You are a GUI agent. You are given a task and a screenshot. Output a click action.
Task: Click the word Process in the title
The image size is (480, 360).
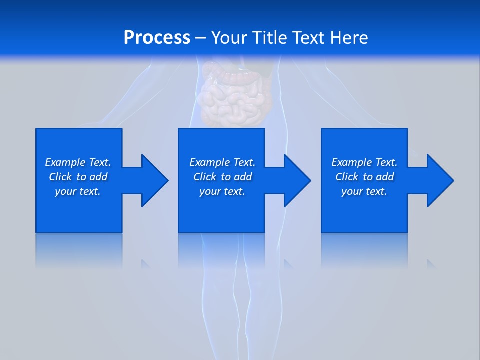[x=157, y=38]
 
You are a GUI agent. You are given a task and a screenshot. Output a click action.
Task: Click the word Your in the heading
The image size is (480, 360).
[x=229, y=38]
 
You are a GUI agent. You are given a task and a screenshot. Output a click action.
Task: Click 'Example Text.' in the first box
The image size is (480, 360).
[x=78, y=162]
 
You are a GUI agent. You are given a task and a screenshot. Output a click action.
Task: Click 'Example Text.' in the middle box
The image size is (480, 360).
[x=222, y=162]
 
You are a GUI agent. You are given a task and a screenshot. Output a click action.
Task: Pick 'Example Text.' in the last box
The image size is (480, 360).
[x=364, y=162]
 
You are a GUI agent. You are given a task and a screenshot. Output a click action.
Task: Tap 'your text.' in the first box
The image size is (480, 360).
[x=78, y=191]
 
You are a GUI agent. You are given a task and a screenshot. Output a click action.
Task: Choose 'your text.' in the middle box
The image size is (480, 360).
[x=222, y=191]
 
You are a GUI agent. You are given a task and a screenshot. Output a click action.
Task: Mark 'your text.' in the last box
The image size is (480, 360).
[x=364, y=191]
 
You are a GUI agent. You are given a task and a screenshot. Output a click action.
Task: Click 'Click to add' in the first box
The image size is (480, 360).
[x=78, y=177]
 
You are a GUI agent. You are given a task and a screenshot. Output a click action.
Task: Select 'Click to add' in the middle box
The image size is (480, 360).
[x=222, y=177]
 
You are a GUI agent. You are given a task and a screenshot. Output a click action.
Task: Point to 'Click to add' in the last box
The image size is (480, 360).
[x=364, y=177]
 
